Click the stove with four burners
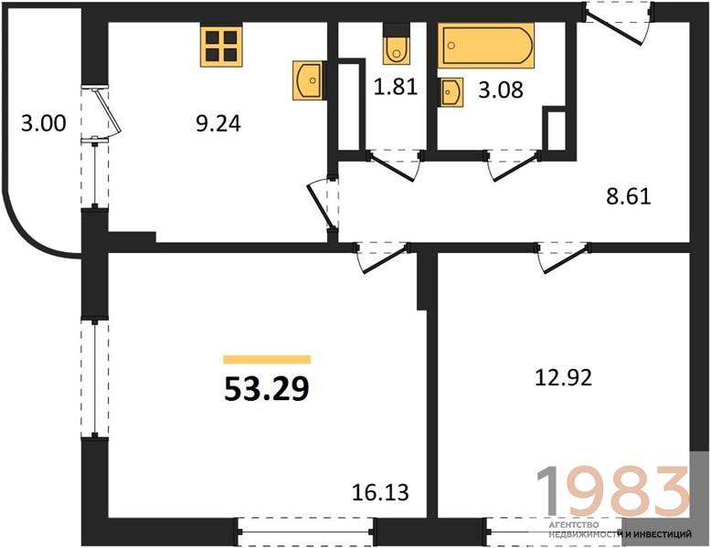pyautogui.click(x=221, y=47)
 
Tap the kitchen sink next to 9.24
pyautogui.click(x=308, y=80)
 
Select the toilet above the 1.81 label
pyautogui.click(x=397, y=44)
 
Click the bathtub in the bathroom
pyautogui.click(x=486, y=46)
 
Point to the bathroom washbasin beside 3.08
pyautogui.click(x=451, y=92)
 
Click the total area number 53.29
pyautogui.click(x=267, y=389)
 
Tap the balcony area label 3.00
pyautogui.click(x=44, y=123)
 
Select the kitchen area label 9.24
pyautogui.click(x=218, y=123)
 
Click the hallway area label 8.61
pyautogui.click(x=629, y=196)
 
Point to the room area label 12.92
pyautogui.click(x=564, y=377)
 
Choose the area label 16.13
pyautogui.click(x=380, y=492)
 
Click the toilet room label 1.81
pyautogui.click(x=396, y=87)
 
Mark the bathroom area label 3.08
pyautogui.click(x=501, y=90)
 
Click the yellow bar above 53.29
pyautogui.click(x=267, y=360)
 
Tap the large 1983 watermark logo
pyautogui.click(x=613, y=491)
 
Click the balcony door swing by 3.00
pyautogui.click(x=108, y=112)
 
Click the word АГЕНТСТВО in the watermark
pyautogui.click(x=574, y=525)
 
